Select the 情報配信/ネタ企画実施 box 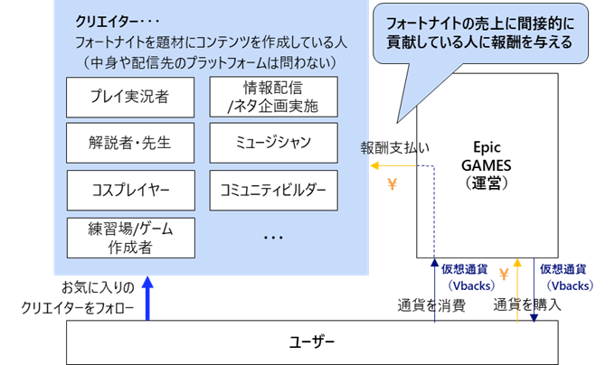tap(273, 98)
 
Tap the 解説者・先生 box tap(130, 144)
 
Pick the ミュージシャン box tap(273, 144)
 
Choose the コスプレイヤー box tap(130, 190)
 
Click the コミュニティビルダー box tap(273, 190)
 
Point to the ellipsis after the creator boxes tap(274, 238)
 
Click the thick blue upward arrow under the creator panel tap(148, 298)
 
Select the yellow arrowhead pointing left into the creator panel tap(375, 165)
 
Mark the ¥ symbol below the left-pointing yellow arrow tap(392, 184)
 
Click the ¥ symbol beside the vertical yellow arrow tap(504, 274)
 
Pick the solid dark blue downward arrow tap(535, 289)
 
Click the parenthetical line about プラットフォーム tap(210, 62)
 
